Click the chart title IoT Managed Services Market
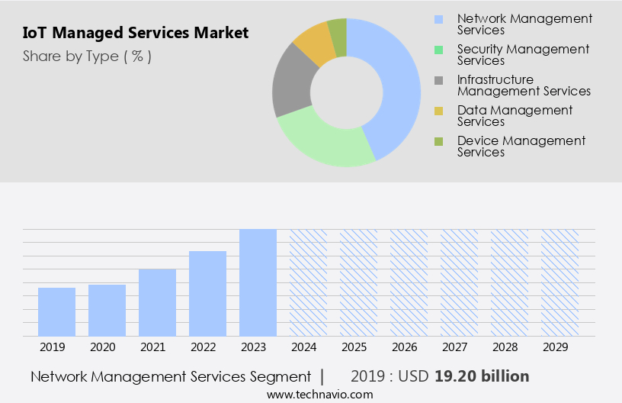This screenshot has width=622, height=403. pyautogui.click(x=136, y=33)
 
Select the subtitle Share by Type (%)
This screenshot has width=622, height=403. pyautogui.click(x=87, y=56)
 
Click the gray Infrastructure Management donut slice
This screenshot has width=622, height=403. pyautogui.click(x=292, y=82)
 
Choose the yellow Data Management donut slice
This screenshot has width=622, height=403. pyautogui.click(x=314, y=44)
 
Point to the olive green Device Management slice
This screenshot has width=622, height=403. pyautogui.click(x=338, y=35)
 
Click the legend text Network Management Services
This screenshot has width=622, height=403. pyautogui.click(x=524, y=24)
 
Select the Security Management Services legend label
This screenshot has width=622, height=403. pyautogui.click(x=523, y=54)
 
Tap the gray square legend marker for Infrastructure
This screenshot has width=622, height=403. pyautogui.click(x=438, y=80)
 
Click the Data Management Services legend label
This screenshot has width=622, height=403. pyautogui.click(x=515, y=115)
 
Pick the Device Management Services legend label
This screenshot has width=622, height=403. pyautogui.click(x=521, y=146)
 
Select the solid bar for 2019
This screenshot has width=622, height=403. pyautogui.click(x=56, y=311)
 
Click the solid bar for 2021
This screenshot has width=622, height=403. pyautogui.click(x=157, y=302)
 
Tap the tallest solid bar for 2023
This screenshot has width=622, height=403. pyautogui.click(x=258, y=282)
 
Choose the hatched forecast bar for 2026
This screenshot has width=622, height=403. pyautogui.click(x=409, y=282)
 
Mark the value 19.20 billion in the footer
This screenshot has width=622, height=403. pyautogui.click(x=482, y=376)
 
